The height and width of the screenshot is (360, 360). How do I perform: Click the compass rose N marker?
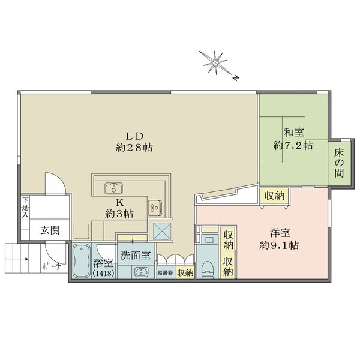236,77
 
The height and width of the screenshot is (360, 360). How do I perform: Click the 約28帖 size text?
134,146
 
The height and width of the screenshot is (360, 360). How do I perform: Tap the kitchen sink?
113,187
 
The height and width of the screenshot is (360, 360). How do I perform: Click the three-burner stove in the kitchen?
155,208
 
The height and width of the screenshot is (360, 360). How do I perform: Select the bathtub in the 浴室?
81,262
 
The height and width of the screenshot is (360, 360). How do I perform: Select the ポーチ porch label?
50,268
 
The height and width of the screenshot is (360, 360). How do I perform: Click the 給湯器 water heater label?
165,273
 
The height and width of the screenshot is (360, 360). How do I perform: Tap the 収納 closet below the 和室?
274,195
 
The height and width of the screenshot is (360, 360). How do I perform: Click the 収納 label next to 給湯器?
185,273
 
